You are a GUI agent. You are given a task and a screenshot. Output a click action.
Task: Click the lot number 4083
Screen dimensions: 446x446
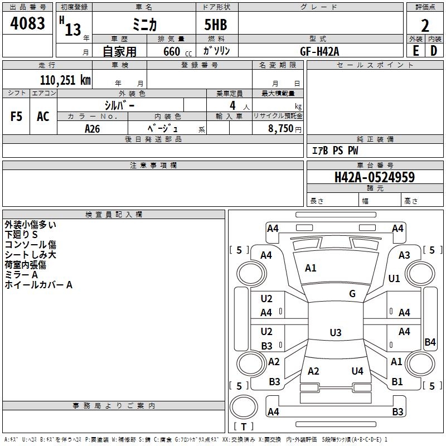[27, 23]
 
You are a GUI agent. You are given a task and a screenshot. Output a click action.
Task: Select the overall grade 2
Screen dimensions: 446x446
[425, 26]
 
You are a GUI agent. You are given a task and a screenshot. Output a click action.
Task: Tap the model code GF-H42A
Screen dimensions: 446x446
[319, 51]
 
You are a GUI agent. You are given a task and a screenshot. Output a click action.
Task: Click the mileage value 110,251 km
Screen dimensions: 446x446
[65, 80]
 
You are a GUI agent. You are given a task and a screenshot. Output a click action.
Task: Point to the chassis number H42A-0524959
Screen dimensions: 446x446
[375, 177]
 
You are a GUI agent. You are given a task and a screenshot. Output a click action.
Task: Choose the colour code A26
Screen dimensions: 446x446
[93, 129]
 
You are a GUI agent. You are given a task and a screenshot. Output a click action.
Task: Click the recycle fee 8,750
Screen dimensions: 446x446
[280, 129]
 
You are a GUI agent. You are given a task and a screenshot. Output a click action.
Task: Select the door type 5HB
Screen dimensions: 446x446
[216, 25]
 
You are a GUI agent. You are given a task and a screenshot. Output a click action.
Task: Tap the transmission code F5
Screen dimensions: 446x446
[16, 117]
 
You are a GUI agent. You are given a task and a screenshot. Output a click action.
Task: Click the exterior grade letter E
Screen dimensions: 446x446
[416, 51]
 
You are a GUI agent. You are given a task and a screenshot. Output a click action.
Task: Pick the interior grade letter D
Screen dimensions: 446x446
[434, 51]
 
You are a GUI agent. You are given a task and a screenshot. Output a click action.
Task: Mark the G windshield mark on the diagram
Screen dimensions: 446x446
[352, 294]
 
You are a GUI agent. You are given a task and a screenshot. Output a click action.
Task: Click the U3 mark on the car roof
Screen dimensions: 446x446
[336, 332]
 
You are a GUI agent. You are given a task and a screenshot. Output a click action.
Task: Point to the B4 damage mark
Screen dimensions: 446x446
[430, 342]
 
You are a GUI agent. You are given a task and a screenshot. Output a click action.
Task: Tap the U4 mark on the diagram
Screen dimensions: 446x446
[357, 371]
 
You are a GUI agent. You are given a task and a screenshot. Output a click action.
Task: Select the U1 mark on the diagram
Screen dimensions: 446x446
[394, 278]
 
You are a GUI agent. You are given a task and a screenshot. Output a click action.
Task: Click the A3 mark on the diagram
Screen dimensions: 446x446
[404, 255]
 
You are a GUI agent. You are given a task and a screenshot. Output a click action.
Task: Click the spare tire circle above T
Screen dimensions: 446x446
[244, 407]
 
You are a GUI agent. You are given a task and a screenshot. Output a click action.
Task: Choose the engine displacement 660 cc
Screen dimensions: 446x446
[177, 52]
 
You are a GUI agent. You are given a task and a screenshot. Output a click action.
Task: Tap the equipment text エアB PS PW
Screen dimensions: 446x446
[335, 151]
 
